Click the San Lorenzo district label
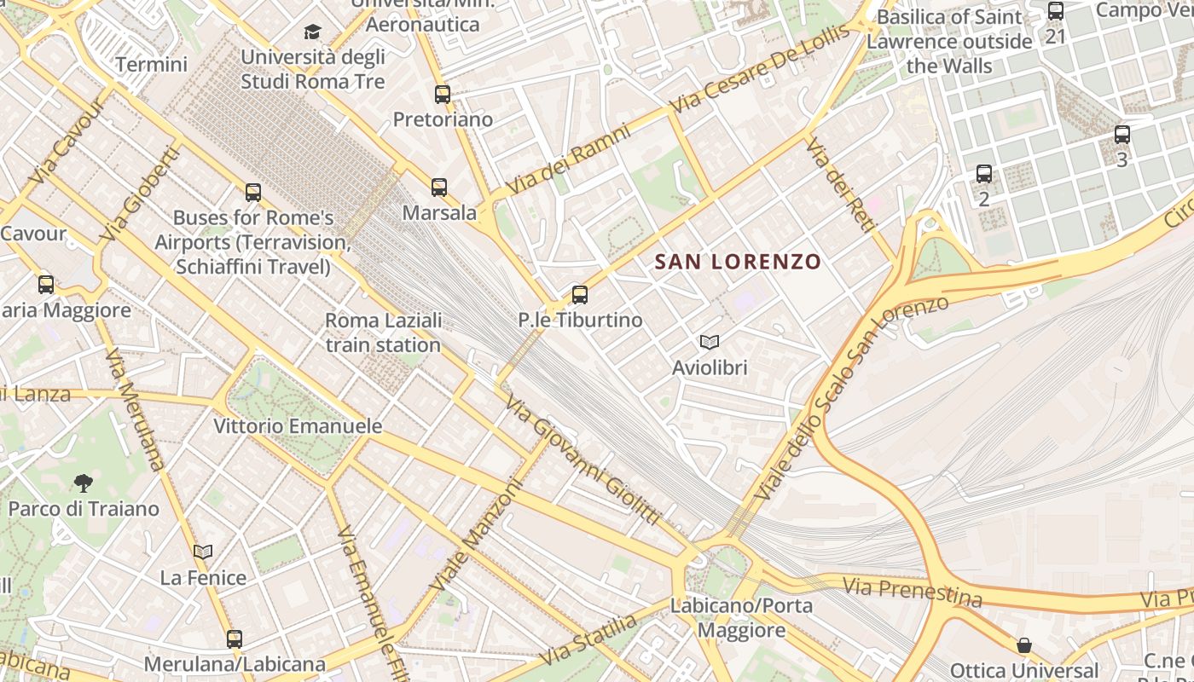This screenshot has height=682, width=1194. tap(738, 262)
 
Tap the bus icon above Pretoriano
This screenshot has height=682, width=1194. tap(442, 95)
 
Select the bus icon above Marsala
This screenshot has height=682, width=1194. tap(439, 188)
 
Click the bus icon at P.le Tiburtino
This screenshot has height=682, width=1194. tap(580, 295)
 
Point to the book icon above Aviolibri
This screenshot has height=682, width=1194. tap(709, 343)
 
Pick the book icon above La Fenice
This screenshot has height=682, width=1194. tap(203, 552)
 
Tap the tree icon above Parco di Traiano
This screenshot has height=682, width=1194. tap(83, 483)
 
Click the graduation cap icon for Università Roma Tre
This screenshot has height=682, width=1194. tap(313, 32)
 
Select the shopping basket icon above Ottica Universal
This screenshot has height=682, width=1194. tap(1023, 645)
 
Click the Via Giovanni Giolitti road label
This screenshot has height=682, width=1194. tap(583, 459)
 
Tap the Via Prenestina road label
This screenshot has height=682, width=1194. tap(913, 592)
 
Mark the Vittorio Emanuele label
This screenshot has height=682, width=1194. tap(298, 425)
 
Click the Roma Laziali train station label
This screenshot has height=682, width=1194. tap(384, 332)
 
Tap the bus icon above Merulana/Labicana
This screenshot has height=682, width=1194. tap(235, 639)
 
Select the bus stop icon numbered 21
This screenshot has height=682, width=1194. tap(1056, 12)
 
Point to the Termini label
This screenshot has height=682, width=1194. tap(151, 64)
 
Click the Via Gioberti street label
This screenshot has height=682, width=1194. tap(140, 194)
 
